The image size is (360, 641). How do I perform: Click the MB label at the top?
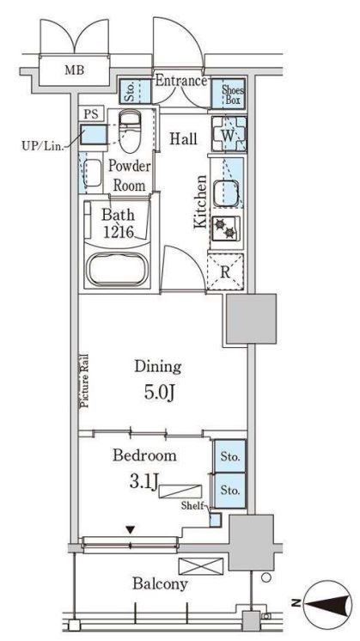(x=75, y=70)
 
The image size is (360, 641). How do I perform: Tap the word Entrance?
(x=181, y=81)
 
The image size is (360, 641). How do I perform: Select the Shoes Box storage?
(x=229, y=93)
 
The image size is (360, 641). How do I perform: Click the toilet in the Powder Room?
(x=130, y=131)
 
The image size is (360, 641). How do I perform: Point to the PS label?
(x=92, y=114)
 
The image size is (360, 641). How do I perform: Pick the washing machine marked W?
(x=229, y=134)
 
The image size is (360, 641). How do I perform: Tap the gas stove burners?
(x=226, y=228)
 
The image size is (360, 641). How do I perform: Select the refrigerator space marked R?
(x=225, y=272)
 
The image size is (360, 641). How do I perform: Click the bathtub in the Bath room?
(x=117, y=270)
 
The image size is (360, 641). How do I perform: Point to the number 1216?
(x=118, y=232)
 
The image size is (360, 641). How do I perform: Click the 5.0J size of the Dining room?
(x=159, y=394)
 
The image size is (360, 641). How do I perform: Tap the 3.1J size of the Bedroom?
(x=143, y=482)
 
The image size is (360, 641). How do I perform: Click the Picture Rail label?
(x=84, y=381)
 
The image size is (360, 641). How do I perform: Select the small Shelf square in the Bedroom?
(x=215, y=519)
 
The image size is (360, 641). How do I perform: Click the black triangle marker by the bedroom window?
(x=130, y=530)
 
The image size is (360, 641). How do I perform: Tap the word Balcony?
(x=160, y=583)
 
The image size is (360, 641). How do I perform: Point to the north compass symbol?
(x=326, y=604)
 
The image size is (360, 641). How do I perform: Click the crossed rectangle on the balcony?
(x=201, y=566)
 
